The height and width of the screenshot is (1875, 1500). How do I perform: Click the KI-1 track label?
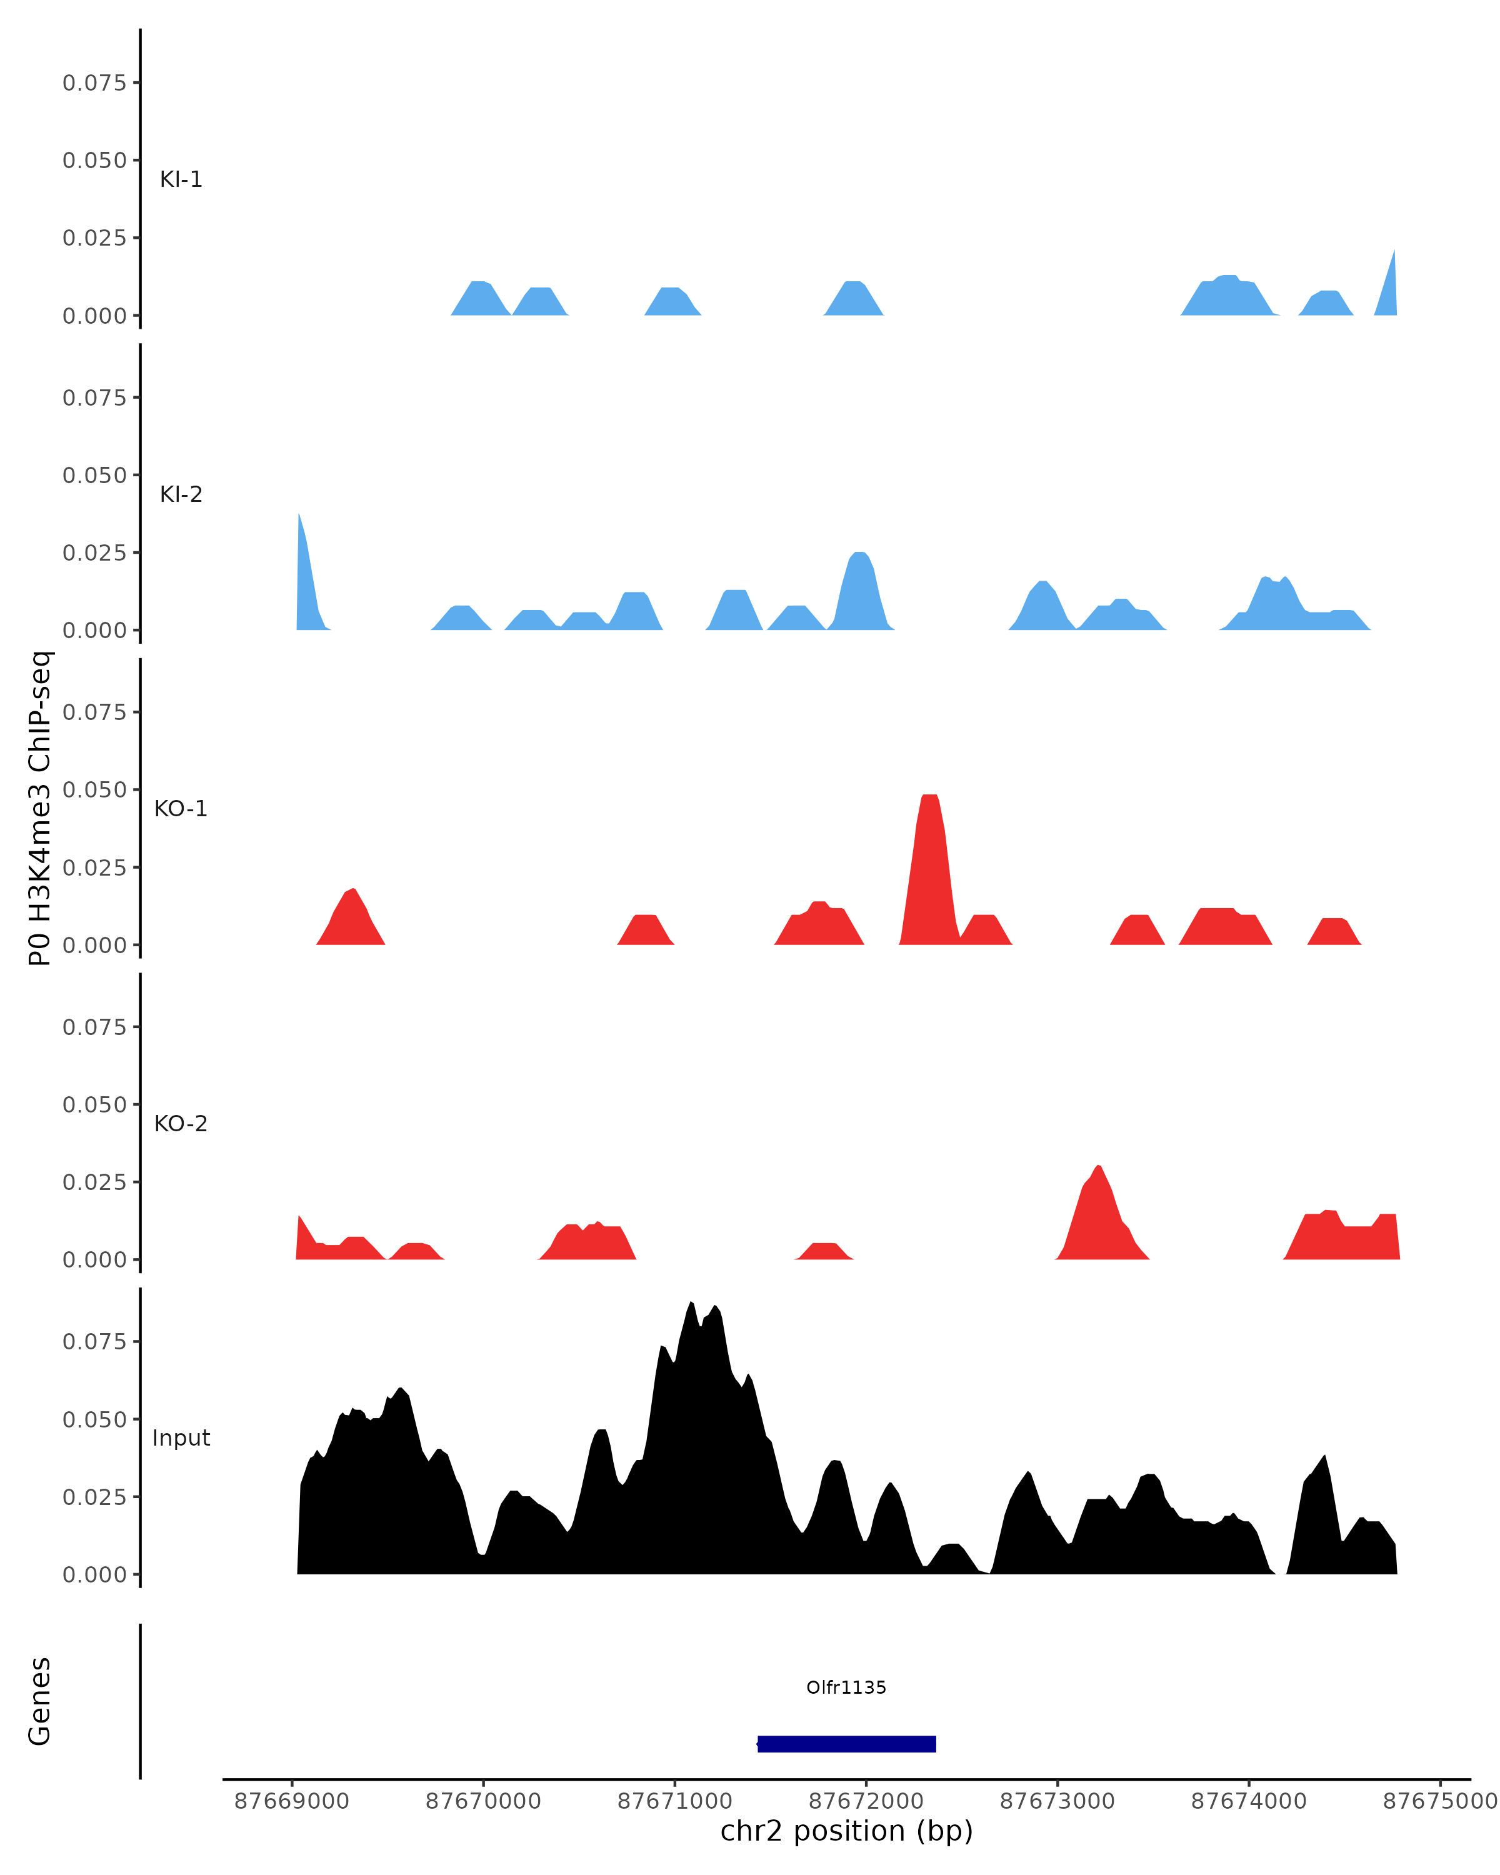(181, 179)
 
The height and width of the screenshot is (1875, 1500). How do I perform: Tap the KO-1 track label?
(181, 809)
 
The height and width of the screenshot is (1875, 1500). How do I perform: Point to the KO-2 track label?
(181, 1124)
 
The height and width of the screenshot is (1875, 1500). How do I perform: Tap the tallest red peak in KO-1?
(929, 835)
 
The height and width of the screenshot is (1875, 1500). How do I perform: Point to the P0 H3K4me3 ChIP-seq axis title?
(40, 809)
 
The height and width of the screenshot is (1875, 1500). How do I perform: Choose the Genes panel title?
(40, 1702)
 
